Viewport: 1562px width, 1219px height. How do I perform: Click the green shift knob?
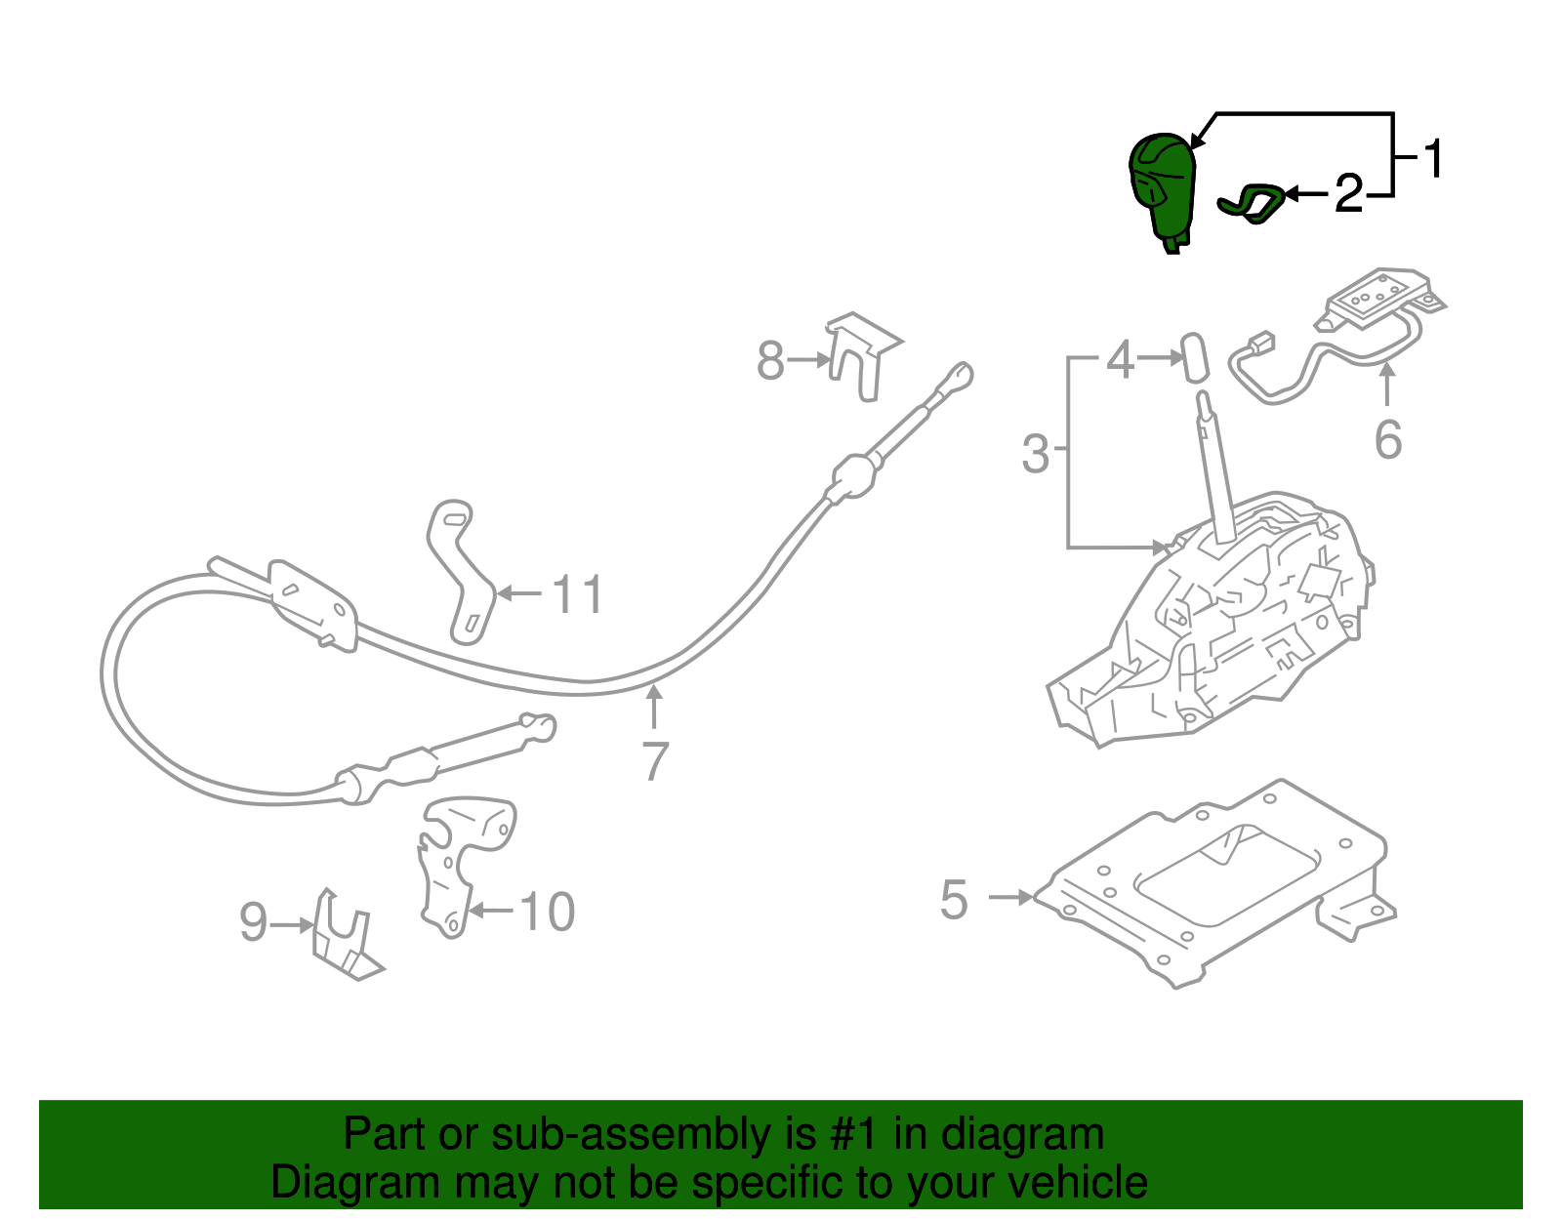pyautogui.click(x=1163, y=185)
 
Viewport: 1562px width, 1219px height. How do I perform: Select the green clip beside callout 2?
pyautogui.click(x=1252, y=203)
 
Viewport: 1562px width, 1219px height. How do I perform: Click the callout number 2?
pyautogui.click(x=1348, y=194)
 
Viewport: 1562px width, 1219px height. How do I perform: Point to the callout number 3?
pyautogui.click(x=1035, y=455)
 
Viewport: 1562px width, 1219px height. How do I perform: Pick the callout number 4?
pyautogui.click(x=1120, y=360)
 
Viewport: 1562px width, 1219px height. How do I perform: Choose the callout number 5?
pyautogui.click(x=954, y=899)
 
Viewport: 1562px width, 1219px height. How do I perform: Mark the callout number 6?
pyautogui.click(x=1387, y=440)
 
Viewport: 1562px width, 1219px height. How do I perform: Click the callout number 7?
pyautogui.click(x=655, y=761)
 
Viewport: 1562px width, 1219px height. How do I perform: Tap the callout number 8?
pyautogui.click(x=770, y=361)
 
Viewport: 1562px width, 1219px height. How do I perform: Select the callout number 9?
pyautogui.click(x=253, y=922)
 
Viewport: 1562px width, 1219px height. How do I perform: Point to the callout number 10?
pyautogui.click(x=547, y=913)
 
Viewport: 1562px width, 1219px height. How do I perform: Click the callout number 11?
pyautogui.click(x=579, y=594)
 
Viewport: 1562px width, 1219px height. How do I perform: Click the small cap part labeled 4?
pyautogui.click(x=1194, y=357)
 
